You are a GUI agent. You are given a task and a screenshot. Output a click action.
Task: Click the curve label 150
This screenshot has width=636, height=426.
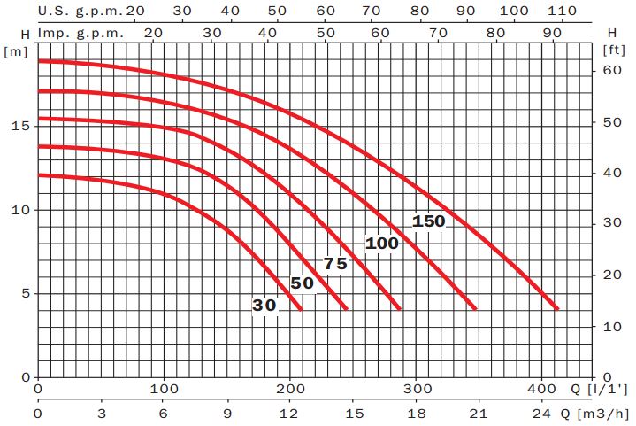tap(429, 221)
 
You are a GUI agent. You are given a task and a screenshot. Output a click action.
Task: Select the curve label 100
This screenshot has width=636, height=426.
tap(382, 244)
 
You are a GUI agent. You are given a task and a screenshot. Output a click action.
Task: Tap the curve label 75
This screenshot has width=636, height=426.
tap(335, 264)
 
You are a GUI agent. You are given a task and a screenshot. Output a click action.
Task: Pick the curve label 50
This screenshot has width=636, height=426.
tap(302, 284)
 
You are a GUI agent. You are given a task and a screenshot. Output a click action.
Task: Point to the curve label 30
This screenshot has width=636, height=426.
tap(264, 306)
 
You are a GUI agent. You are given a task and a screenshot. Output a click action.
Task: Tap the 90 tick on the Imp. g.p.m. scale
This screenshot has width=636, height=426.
tap(555, 31)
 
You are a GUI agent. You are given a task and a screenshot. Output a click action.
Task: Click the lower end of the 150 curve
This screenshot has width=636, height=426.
tap(558, 308)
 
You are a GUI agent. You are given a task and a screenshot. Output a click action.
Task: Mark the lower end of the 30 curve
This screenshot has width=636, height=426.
tap(301, 308)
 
